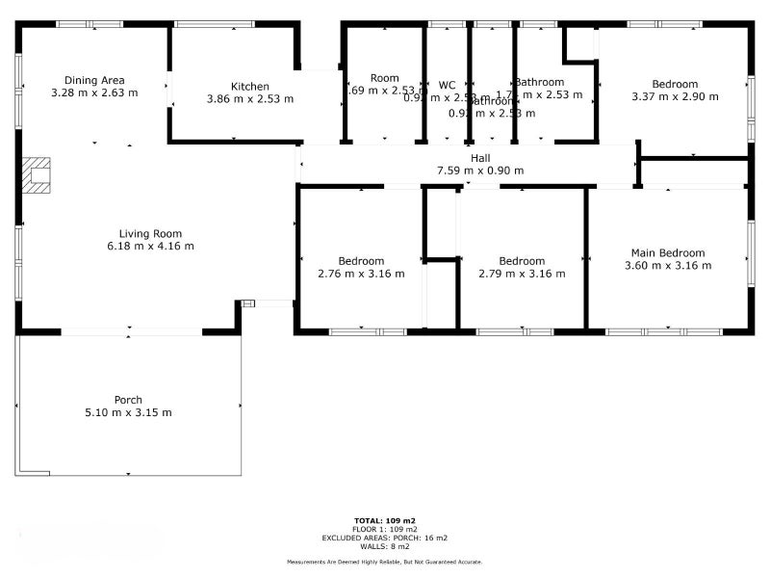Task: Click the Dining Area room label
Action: pyautogui.click(x=94, y=80)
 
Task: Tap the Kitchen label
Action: pyautogui.click(x=250, y=87)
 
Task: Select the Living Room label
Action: pyautogui.click(x=150, y=233)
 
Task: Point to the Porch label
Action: pyautogui.click(x=128, y=400)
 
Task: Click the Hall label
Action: pyautogui.click(x=480, y=158)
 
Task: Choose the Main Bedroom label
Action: pyautogui.click(x=668, y=252)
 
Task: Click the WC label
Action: pyautogui.click(x=447, y=85)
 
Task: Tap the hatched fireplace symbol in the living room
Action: pyautogui.click(x=37, y=175)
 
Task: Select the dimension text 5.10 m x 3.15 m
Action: pyautogui.click(x=128, y=412)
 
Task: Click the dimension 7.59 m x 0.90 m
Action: pyautogui.click(x=480, y=171)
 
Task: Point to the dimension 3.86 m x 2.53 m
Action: pyautogui.click(x=250, y=98)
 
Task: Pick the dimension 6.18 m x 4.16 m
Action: pyautogui.click(x=150, y=246)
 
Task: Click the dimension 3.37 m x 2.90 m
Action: pyautogui.click(x=675, y=96)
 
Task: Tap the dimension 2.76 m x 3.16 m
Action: pyautogui.click(x=361, y=274)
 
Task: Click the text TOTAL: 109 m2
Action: pyautogui.click(x=384, y=521)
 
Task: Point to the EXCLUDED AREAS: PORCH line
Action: pyautogui.click(x=384, y=538)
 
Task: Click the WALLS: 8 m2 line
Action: pyautogui.click(x=384, y=546)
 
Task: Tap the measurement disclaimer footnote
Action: pyautogui.click(x=384, y=562)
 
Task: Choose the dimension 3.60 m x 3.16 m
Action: pyautogui.click(x=668, y=265)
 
